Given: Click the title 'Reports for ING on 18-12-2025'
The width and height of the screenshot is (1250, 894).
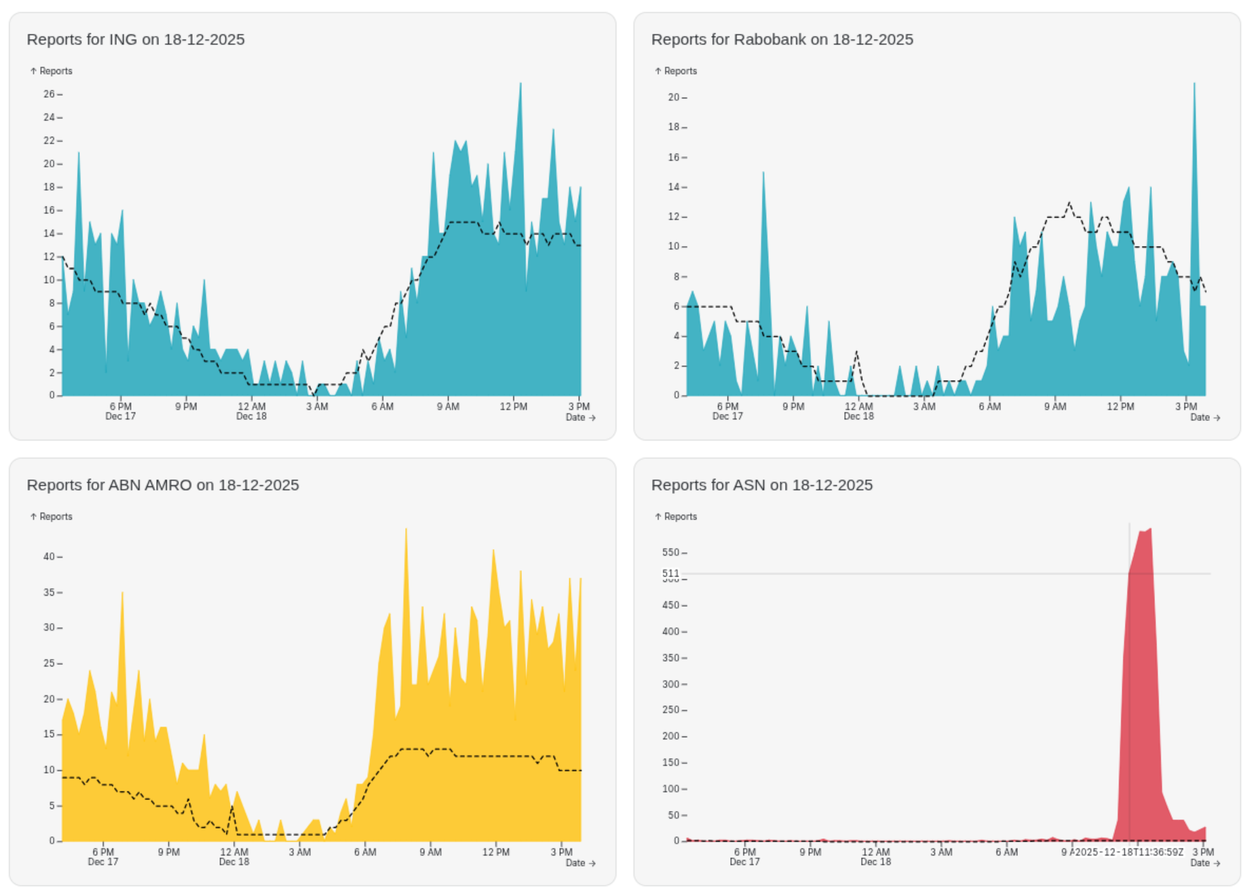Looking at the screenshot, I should pos(136,39).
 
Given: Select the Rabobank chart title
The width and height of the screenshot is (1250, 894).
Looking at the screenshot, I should pos(782,39).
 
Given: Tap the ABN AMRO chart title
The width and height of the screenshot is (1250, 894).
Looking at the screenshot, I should pos(162,485).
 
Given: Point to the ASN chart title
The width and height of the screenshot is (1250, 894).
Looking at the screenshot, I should pos(761,485).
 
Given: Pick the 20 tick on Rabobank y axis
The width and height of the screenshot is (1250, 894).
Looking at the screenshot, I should pos(673,97).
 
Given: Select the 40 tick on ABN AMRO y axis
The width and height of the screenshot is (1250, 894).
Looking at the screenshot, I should pos(49,557).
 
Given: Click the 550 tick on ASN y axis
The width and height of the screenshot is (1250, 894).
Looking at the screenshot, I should pos(670,553).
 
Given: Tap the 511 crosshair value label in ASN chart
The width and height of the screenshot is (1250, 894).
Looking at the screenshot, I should pos(670,573).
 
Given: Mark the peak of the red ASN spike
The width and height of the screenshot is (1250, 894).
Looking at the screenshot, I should pos(1149,529).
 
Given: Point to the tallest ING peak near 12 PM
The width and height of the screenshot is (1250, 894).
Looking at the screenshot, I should pos(521,84).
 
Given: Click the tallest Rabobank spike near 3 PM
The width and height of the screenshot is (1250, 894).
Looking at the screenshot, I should pos(1194,84).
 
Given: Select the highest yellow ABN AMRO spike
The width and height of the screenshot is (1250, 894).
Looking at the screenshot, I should pos(406,529).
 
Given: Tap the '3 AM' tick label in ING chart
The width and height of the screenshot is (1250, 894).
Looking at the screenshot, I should pos(317,407).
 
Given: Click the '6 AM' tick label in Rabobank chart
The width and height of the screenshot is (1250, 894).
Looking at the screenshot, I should pos(989,407).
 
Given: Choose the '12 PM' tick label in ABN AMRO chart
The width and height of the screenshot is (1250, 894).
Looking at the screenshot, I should pos(496,852).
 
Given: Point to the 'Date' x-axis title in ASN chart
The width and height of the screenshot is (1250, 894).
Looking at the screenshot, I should pos(1199,863).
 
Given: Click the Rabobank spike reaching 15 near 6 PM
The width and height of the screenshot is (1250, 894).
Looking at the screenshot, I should pos(763,173).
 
